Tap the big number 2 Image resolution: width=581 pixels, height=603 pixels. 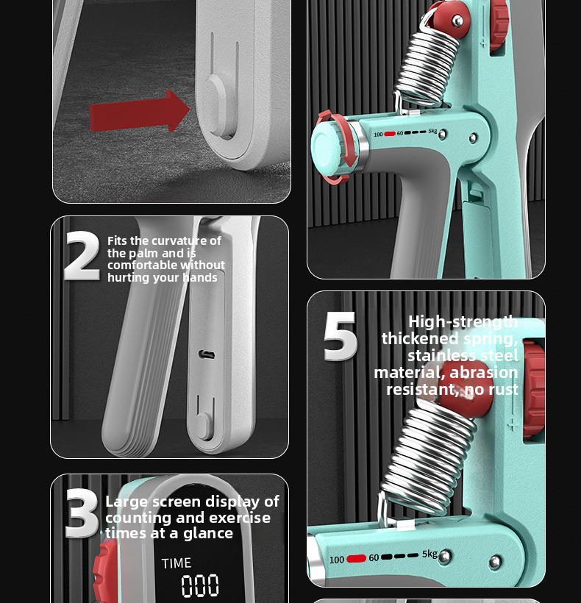pos(82,256)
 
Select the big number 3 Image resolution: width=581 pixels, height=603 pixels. pos(82,514)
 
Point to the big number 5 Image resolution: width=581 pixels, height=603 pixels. pos(341,337)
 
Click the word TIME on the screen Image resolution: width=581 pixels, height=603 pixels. pos(177,563)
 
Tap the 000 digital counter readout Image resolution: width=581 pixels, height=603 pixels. pos(200,585)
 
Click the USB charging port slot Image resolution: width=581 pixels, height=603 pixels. pos(207,354)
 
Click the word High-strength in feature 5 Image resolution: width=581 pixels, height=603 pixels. pos(463,322)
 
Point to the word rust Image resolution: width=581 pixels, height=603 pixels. pos(503,390)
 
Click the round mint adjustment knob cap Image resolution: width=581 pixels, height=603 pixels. pos(326,146)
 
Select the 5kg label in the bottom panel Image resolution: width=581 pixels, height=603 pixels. pos(430,554)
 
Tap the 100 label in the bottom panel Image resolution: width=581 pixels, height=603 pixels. pos(337,560)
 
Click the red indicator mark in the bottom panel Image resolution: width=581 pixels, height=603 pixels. pos(357,558)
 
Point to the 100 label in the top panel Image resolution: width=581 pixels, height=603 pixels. pos(378,135)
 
